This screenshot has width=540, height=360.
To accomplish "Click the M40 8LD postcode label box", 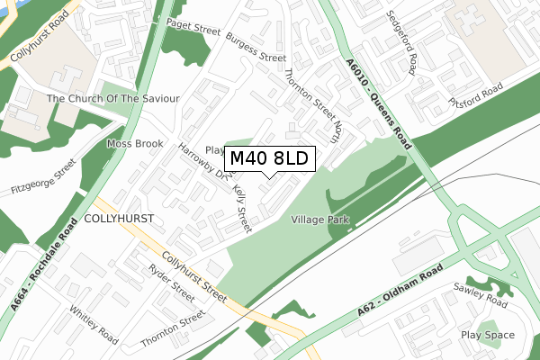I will pos(269,159).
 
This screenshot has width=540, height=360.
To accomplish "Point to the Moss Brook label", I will pos(135,144).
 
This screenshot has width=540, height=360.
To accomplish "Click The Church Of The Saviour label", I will pos(113,98).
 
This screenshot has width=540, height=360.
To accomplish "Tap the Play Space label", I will pos(488,335).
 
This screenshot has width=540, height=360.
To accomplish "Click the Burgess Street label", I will pos(256,49).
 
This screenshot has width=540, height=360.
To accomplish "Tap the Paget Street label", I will pos(193,32).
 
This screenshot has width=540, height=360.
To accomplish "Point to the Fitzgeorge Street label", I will pos(43,177).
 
